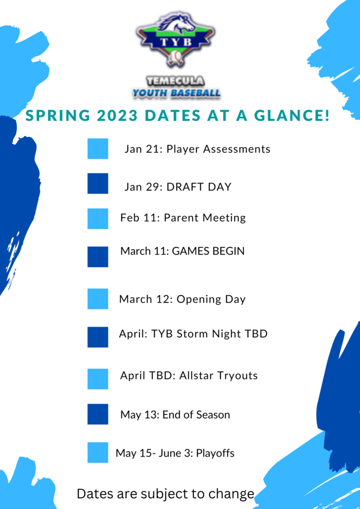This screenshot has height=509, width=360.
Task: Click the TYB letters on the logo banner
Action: click(x=176, y=42)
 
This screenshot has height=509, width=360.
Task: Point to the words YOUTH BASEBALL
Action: click(x=176, y=94)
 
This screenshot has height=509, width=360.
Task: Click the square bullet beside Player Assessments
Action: click(x=98, y=149)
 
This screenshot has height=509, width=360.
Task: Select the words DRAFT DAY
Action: click(x=199, y=187)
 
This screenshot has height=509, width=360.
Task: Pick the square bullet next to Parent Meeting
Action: click(x=98, y=219)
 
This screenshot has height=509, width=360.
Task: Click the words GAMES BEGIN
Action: click(x=208, y=251)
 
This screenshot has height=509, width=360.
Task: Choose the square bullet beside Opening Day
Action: click(x=98, y=299)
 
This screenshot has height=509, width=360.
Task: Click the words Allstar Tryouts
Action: click(x=217, y=376)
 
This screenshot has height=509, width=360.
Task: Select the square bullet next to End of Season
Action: click(x=98, y=414)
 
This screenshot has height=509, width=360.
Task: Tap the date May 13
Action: click(x=139, y=414)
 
